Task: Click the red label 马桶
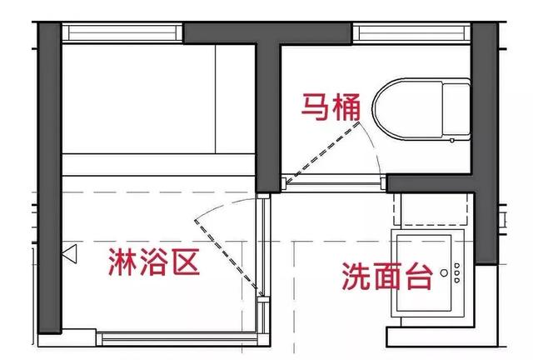tap(331, 107)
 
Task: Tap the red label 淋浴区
tap(154, 262)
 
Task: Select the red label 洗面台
tap(387, 276)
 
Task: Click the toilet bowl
tap(408, 109)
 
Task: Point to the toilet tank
tap(456, 109)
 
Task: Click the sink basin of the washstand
tap(424, 272)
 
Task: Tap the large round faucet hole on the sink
tap(444, 272)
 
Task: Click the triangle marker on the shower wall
tap(70, 253)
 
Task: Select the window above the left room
tap(122, 32)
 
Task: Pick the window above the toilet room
tap(411, 33)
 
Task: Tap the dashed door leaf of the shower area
tap(229, 257)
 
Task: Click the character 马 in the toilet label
tap(315, 107)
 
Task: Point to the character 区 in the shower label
tap(186, 262)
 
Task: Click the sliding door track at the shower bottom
tap(180, 339)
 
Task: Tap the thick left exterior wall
tap(50, 177)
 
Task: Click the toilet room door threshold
tap(334, 183)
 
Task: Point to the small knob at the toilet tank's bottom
tap(452, 140)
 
